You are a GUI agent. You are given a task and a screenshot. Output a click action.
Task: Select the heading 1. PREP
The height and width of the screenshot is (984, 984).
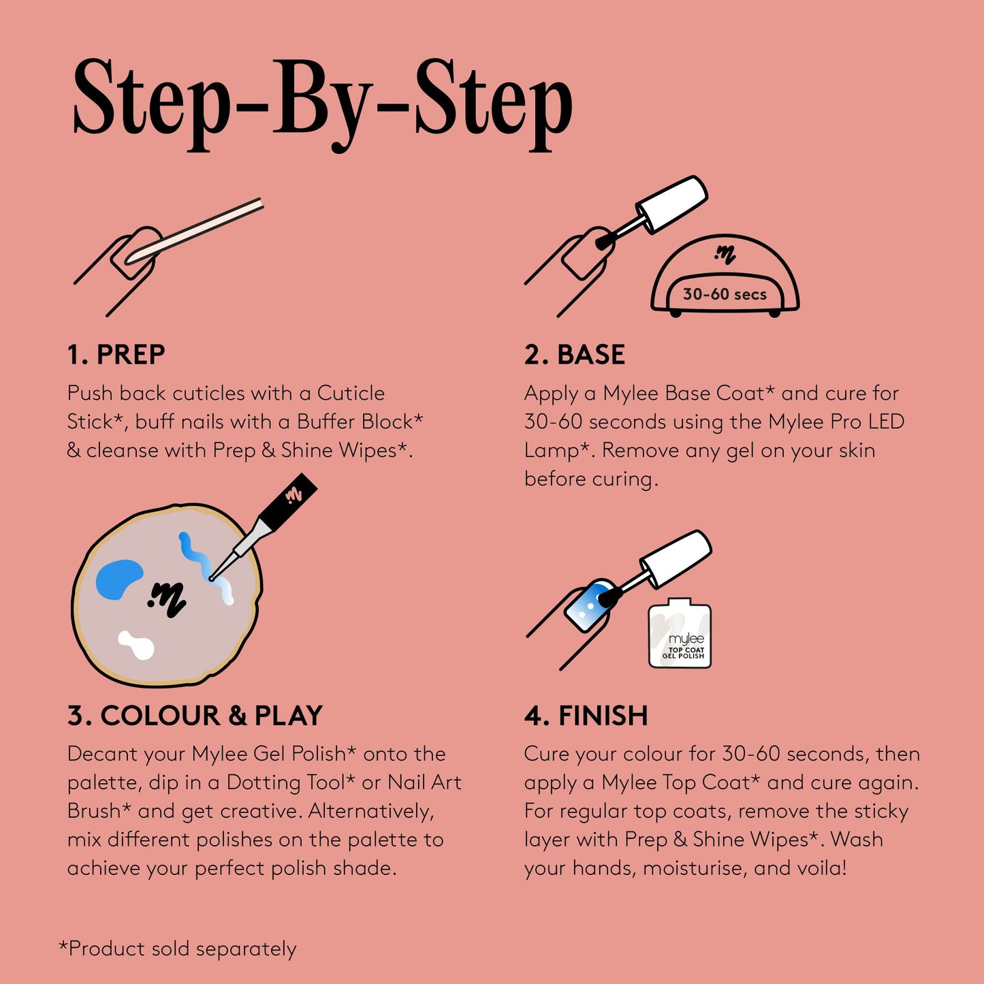tap(116, 355)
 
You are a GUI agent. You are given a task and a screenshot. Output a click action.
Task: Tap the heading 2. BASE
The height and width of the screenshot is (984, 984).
tap(574, 355)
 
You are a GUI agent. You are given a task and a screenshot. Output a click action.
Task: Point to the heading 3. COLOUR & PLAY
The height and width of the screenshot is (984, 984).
tap(195, 716)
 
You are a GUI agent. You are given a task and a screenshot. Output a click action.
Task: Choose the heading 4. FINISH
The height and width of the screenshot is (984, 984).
tap(586, 716)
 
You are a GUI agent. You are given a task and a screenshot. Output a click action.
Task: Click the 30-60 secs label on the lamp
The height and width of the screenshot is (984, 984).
tap(725, 294)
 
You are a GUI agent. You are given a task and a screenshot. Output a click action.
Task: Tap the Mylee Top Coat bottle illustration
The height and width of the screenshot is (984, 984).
tap(680, 634)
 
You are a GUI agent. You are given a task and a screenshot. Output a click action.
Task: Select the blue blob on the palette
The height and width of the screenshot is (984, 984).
tap(118, 579)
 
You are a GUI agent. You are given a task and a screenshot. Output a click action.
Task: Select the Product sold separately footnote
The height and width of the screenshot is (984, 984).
tap(178, 949)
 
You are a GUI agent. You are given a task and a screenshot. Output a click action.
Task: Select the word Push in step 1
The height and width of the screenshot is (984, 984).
tap(90, 393)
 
